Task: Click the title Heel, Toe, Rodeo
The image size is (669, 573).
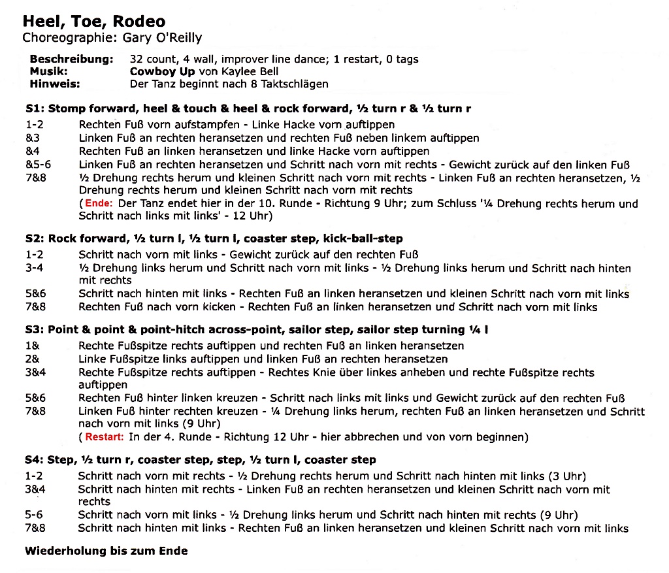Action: [x=94, y=22]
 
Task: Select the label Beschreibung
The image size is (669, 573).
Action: [x=71, y=59]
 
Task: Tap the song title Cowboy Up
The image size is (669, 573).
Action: [x=162, y=71]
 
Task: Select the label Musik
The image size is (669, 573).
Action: [x=49, y=71]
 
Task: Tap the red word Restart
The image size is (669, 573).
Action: [x=104, y=436]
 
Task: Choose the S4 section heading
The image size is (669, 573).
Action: [x=201, y=460]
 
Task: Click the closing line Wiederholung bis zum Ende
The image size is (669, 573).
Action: [x=106, y=551]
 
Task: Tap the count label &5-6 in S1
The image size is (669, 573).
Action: [x=38, y=165]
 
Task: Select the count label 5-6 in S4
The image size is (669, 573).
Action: [x=34, y=515]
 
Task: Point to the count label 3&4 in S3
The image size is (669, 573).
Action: [x=35, y=372]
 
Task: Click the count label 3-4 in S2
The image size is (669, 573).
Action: [x=34, y=268]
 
